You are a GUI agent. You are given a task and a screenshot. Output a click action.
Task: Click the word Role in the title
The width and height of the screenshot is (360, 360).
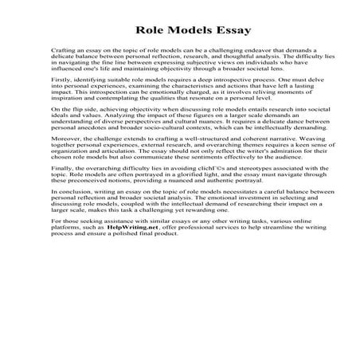click(x=149, y=31)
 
